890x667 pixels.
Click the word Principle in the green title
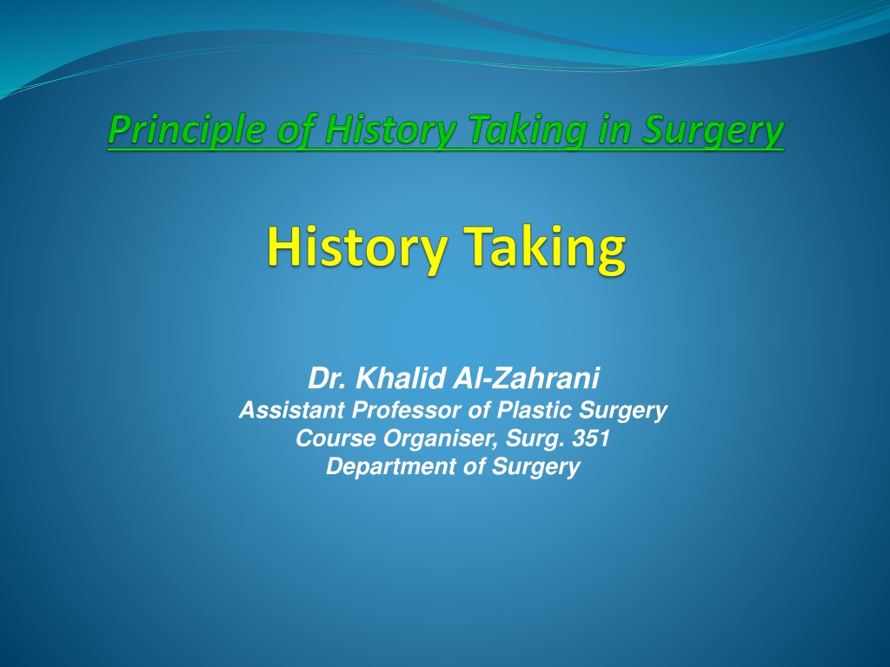click(186, 129)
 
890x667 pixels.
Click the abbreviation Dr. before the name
click(327, 379)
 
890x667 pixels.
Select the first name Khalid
click(401, 379)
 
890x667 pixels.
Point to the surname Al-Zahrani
click(526, 379)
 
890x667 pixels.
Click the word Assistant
click(291, 410)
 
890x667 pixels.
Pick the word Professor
click(407, 410)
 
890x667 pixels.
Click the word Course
click(335, 438)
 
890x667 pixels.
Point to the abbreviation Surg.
click(535, 439)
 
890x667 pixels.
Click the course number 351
click(591, 438)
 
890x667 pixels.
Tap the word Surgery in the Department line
click(535, 467)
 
